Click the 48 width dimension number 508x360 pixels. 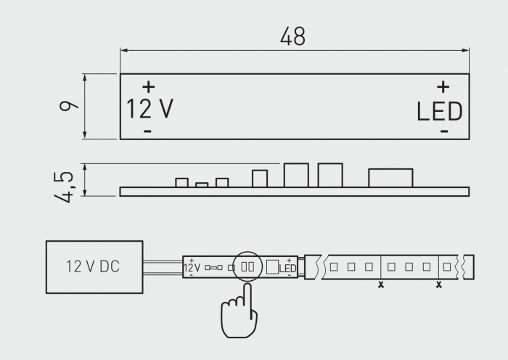click(293, 37)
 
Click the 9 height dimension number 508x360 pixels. click(68, 106)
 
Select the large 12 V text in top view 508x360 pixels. click(150, 109)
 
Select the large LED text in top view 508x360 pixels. click(439, 111)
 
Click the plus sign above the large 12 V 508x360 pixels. click(148, 86)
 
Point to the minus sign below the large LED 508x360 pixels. click(444, 131)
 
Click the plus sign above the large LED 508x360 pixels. click(443, 86)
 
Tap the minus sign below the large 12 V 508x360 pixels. click(147, 131)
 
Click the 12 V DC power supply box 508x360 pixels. click(94, 267)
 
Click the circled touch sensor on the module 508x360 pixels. click(248, 266)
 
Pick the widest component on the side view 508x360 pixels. click(390, 178)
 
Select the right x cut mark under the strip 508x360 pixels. click(438, 285)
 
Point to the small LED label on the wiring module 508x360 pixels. click(288, 269)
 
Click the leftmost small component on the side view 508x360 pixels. click(182, 182)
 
